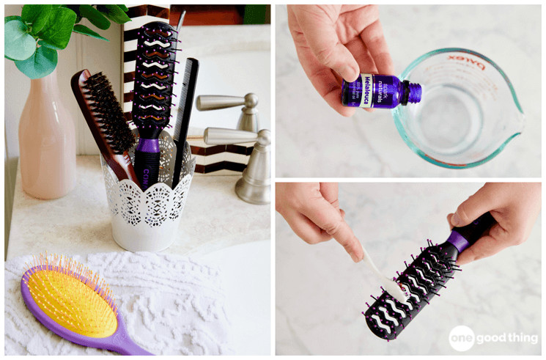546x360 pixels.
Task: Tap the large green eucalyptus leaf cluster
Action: [x=44, y=33]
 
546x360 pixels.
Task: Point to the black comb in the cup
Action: [x=184, y=110]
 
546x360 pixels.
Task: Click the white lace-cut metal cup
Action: [x=147, y=205]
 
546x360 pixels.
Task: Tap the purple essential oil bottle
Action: [x=377, y=92]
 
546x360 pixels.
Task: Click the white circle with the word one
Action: [x=461, y=337]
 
